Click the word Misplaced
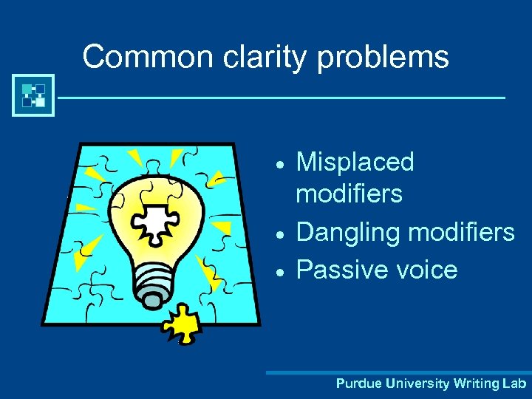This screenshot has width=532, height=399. tap(355, 163)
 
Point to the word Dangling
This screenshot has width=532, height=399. tap(348, 233)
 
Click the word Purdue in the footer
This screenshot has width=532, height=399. tap(357, 383)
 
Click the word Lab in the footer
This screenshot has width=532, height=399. tap(514, 383)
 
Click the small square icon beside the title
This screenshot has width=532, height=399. tap(33, 95)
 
